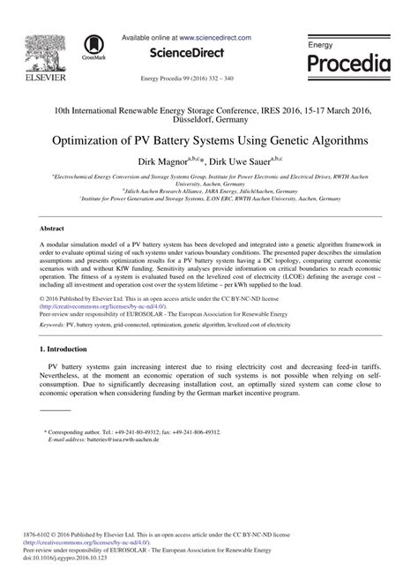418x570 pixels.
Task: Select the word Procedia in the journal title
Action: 348,63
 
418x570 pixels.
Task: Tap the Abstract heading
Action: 55,228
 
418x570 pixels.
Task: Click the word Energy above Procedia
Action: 320,43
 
